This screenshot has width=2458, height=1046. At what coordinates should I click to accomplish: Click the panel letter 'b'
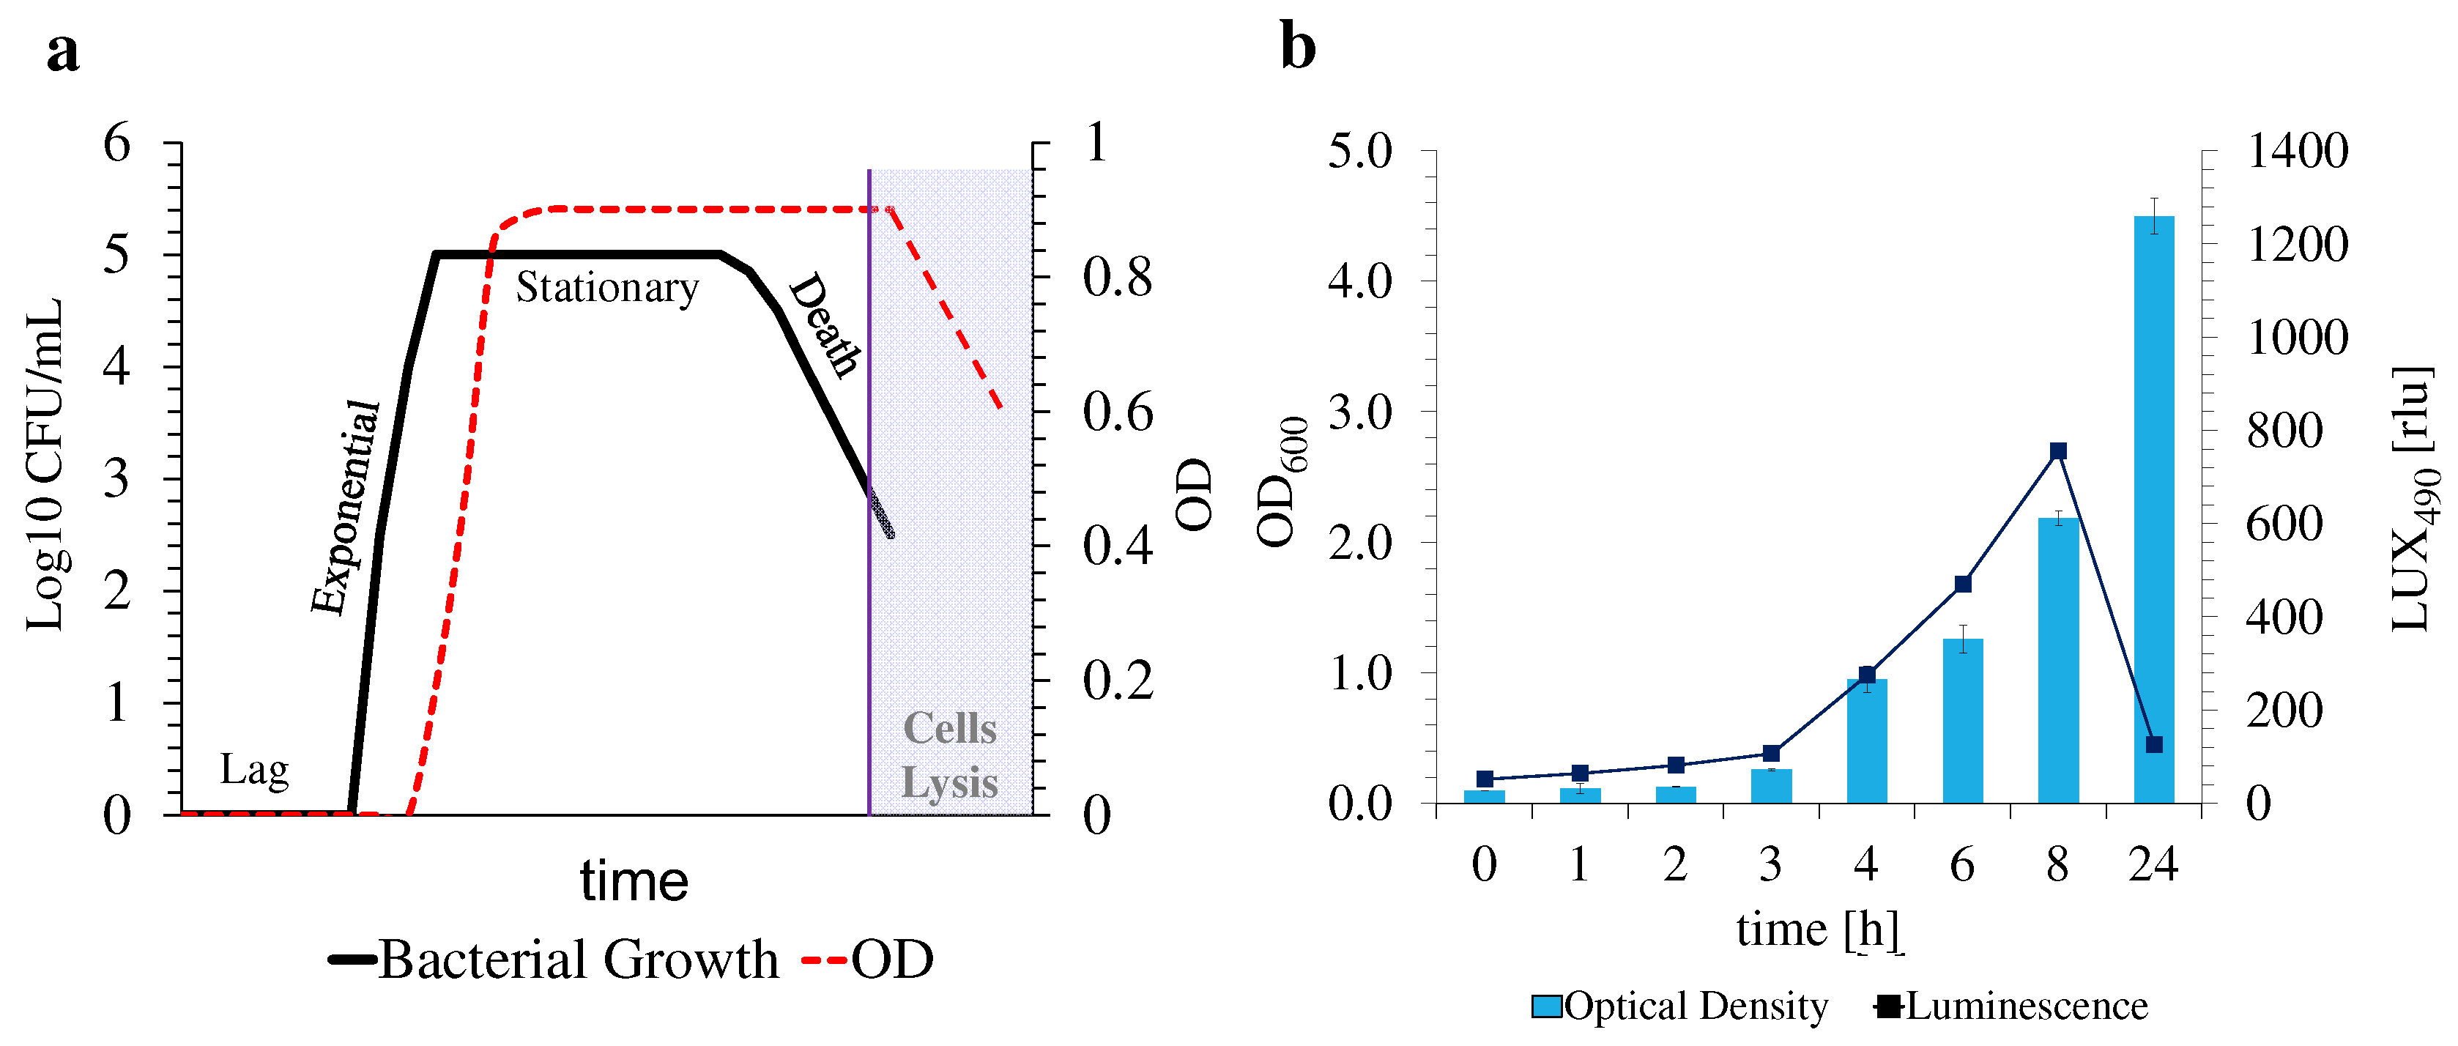1298,46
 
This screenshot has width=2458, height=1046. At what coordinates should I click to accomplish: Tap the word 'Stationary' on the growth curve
608,287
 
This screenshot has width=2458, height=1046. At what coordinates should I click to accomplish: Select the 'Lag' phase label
254,769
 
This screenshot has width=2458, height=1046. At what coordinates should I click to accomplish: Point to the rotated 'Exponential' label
346,508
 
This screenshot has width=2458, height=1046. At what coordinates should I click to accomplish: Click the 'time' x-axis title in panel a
634,880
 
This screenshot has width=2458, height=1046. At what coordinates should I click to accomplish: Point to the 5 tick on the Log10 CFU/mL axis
116,255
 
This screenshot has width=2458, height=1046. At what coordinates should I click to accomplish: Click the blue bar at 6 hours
1963,721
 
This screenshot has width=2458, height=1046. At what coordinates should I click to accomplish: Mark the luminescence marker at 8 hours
2058,451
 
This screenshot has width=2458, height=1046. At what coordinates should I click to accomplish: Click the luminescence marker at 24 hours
2153,744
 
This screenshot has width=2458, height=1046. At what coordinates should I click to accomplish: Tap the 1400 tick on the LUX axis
2298,151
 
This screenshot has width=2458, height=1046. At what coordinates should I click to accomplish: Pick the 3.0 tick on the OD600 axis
1359,412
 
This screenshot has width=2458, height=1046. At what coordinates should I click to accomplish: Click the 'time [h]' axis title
1818,929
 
